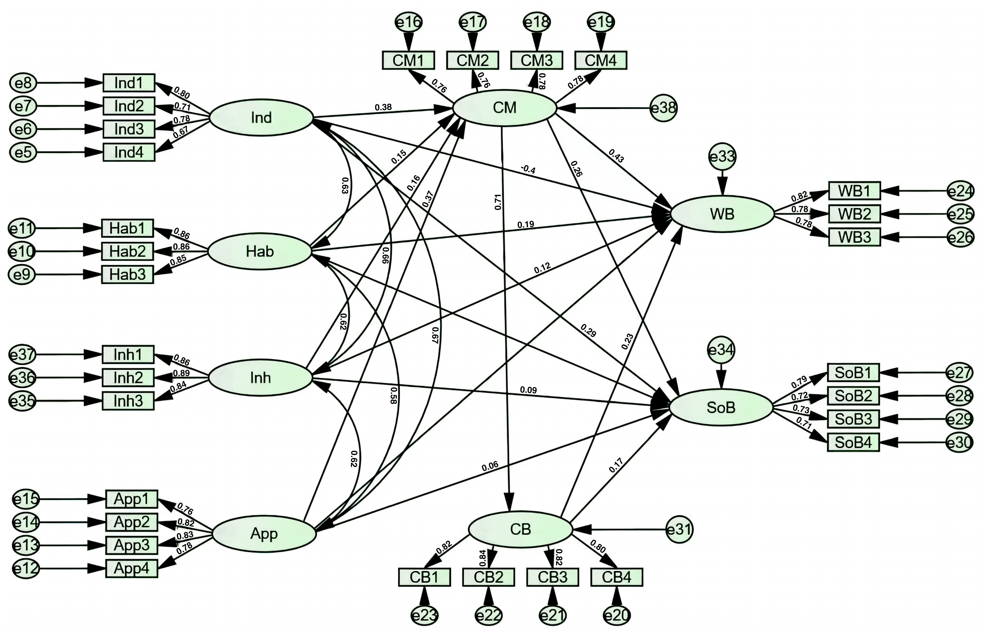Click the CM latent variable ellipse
point(505,108)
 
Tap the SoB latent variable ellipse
point(721,407)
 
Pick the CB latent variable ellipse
point(521,529)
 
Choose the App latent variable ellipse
point(264,534)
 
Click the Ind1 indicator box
point(129,83)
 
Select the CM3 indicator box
point(537,60)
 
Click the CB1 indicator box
point(424,577)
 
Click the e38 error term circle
point(663,108)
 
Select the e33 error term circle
point(722,157)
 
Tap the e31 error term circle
point(680,529)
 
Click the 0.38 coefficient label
point(383,107)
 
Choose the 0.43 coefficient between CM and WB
point(616,156)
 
